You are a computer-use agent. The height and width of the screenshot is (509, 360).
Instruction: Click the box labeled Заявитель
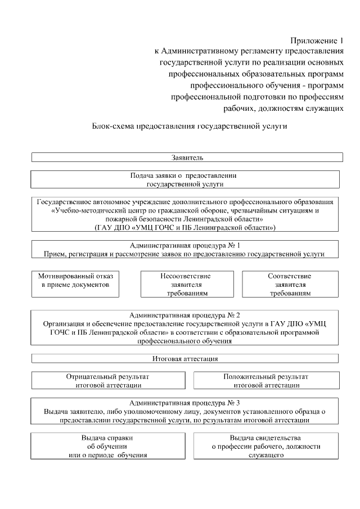184,157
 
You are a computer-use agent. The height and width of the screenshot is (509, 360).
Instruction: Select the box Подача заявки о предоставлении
184,179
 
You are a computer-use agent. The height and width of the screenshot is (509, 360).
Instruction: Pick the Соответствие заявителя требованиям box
289,285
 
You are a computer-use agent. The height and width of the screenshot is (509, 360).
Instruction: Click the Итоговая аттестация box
184,358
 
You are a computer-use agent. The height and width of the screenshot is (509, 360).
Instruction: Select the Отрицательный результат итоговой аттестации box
108,380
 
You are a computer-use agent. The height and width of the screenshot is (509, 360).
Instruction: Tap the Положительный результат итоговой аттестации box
265,380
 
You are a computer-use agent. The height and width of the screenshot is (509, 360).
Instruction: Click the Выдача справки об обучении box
108,446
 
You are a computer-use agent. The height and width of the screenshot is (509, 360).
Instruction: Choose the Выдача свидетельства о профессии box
265,446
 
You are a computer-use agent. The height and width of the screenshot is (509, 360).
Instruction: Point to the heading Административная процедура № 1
184,245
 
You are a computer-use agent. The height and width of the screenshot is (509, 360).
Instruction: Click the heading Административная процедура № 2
184,315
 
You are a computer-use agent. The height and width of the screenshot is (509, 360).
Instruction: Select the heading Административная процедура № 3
184,403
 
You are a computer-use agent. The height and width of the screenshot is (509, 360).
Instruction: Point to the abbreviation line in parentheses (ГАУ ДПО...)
184,228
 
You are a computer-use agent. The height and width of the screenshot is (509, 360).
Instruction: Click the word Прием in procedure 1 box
55,254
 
